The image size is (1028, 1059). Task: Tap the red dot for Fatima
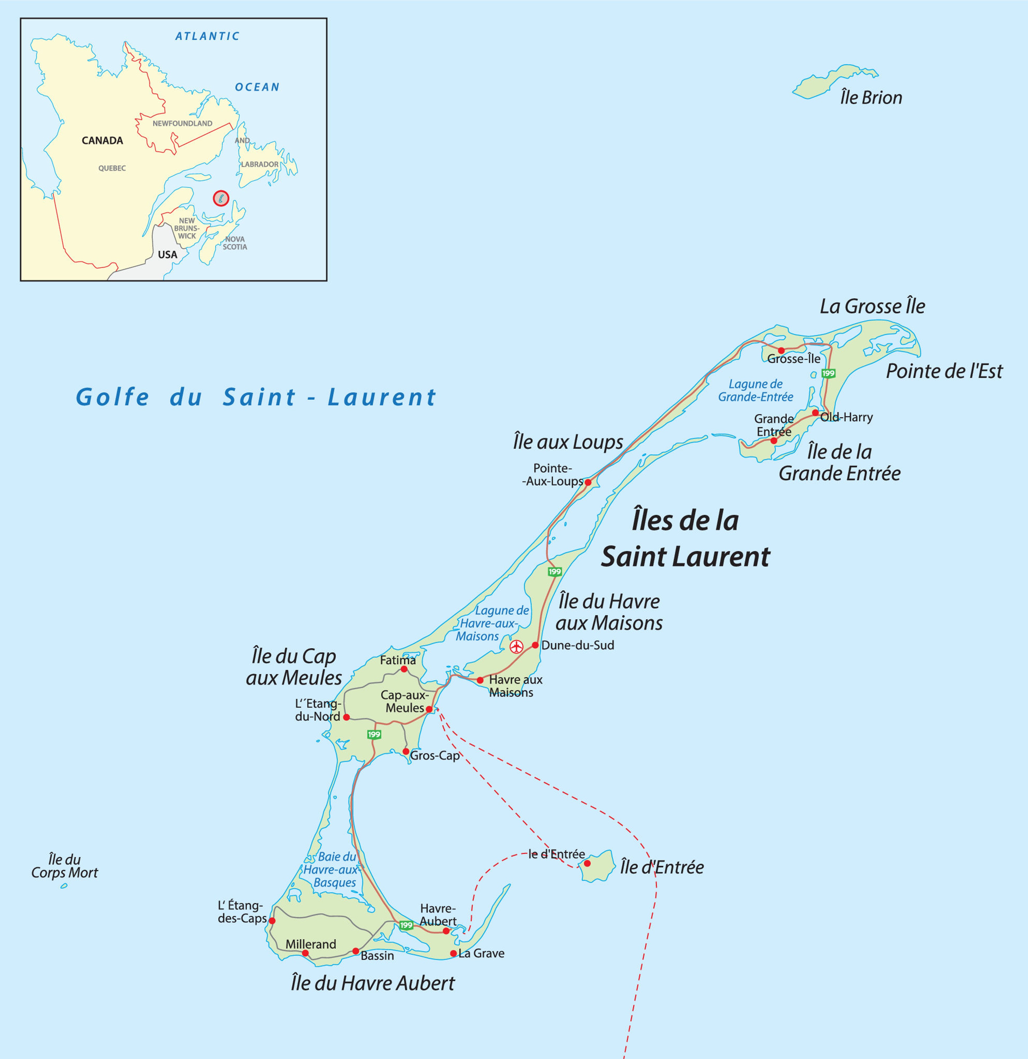pos(404,669)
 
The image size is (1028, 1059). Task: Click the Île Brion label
pos(871,98)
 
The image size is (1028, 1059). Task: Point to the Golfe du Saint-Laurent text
pos(256,397)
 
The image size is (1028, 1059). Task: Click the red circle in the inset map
pos(221,198)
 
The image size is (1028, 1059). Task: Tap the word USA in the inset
pos(168,254)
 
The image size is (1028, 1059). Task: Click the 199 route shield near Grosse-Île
pos(829,373)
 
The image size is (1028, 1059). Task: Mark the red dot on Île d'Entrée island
pos(588,863)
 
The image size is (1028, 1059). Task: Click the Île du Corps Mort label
pos(64,866)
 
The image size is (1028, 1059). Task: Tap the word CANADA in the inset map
pos(102,140)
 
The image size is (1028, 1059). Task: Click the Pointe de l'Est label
pos(944,371)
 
